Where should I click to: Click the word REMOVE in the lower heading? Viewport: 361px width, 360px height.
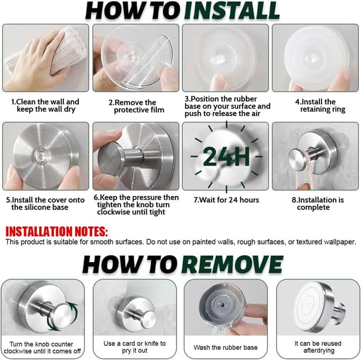click(232, 264)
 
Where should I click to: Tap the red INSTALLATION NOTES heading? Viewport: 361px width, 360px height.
click(56, 231)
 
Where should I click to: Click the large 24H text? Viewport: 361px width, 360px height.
click(226, 157)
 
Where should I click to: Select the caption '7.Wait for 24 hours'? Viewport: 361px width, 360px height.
click(226, 200)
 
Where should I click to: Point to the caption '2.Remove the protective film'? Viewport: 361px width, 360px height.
click(137, 106)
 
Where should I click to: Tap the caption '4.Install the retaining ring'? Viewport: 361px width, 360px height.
click(320, 105)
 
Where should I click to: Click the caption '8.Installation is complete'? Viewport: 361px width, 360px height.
click(318, 203)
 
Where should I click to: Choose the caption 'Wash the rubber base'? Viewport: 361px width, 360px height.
click(226, 348)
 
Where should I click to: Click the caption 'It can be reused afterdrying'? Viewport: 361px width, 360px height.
click(318, 347)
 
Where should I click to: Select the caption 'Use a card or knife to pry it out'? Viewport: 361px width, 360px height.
click(134, 347)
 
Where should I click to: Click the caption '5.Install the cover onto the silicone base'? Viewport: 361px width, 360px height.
click(45, 203)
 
